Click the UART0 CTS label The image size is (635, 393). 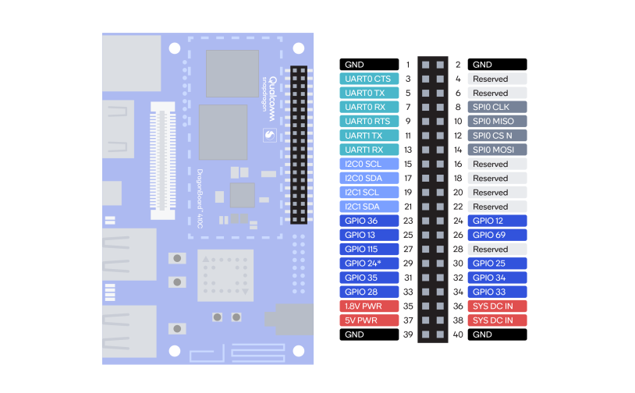pyautogui.click(x=368, y=79)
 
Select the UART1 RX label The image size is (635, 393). pyautogui.click(x=368, y=150)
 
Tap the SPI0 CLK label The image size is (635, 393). pyautogui.click(x=497, y=107)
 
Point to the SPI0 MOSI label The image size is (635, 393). pyautogui.click(x=497, y=150)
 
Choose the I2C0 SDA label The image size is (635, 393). pyautogui.click(x=368, y=178)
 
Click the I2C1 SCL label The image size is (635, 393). pyautogui.click(x=368, y=193)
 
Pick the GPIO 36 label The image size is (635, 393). pyautogui.click(x=368, y=221)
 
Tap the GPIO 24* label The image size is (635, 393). pyautogui.click(x=368, y=264)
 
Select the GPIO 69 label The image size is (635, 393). pyautogui.click(x=497, y=235)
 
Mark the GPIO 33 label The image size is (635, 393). pyautogui.click(x=497, y=292)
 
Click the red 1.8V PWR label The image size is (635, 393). pyautogui.click(x=368, y=306)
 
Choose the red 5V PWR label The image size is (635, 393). pyautogui.click(x=368, y=320)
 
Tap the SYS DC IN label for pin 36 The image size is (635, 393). pyautogui.click(x=497, y=306)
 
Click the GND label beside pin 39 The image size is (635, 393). pyautogui.click(x=368, y=335)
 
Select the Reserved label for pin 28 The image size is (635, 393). pyautogui.click(x=497, y=250)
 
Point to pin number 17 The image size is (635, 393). pyautogui.click(x=407, y=178)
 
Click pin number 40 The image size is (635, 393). pyautogui.click(x=458, y=335)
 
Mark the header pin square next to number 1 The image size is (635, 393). pyautogui.click(x=426, y=65)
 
